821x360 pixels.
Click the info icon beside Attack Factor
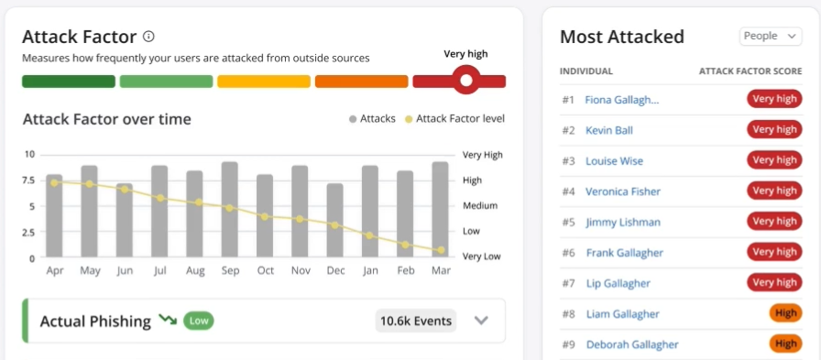point(148,37)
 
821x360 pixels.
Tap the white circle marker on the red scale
point(466,81)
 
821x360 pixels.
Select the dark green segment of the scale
point(69,82)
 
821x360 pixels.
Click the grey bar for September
point(230,211)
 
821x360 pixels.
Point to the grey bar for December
point(335,222)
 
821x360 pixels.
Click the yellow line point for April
point(54,182)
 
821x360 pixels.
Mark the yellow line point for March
point(441,250)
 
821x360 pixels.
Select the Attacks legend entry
point(372,119)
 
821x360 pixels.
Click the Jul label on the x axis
point(159,271)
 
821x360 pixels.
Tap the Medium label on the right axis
point(480,206)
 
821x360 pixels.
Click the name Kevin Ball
point(609,130)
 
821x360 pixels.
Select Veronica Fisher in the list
point(623,191)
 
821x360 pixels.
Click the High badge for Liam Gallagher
point(785,313)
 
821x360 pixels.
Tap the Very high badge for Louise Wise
point(774,160)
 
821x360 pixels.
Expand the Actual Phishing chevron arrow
point(482,321)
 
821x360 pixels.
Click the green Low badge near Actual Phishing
point(199,321)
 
